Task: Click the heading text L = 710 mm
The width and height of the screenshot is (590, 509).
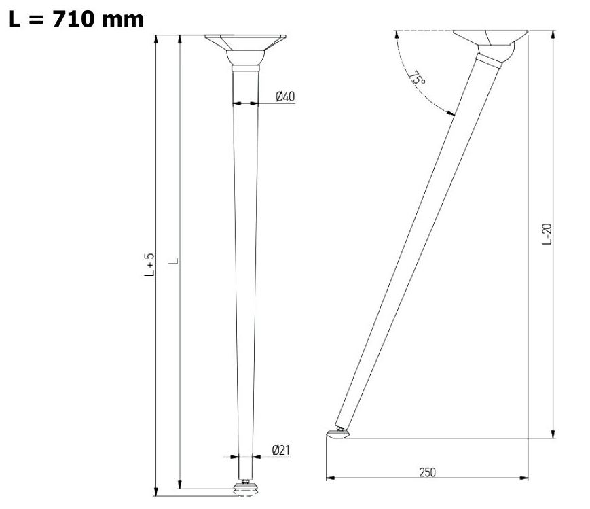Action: point(76,19)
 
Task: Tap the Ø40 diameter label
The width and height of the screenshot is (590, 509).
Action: point(285,96)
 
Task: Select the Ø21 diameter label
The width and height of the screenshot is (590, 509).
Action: point(281,450)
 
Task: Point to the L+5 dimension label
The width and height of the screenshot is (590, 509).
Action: point(149,265)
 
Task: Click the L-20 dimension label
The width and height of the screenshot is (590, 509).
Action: point(547,234)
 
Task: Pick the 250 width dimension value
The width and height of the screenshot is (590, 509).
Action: point(427,472)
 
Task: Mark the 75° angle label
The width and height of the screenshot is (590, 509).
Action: point(418,77)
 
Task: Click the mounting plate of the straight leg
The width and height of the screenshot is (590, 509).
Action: point(245,42)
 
